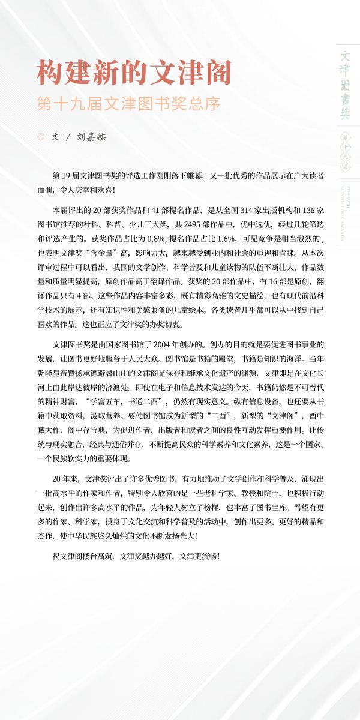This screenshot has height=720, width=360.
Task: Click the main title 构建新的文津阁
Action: click(134, 73)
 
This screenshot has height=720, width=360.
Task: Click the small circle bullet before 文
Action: click(41, 137)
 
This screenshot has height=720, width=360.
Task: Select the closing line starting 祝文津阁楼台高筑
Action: click(136, 556)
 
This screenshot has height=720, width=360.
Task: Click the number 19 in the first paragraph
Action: click(66, 176)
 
